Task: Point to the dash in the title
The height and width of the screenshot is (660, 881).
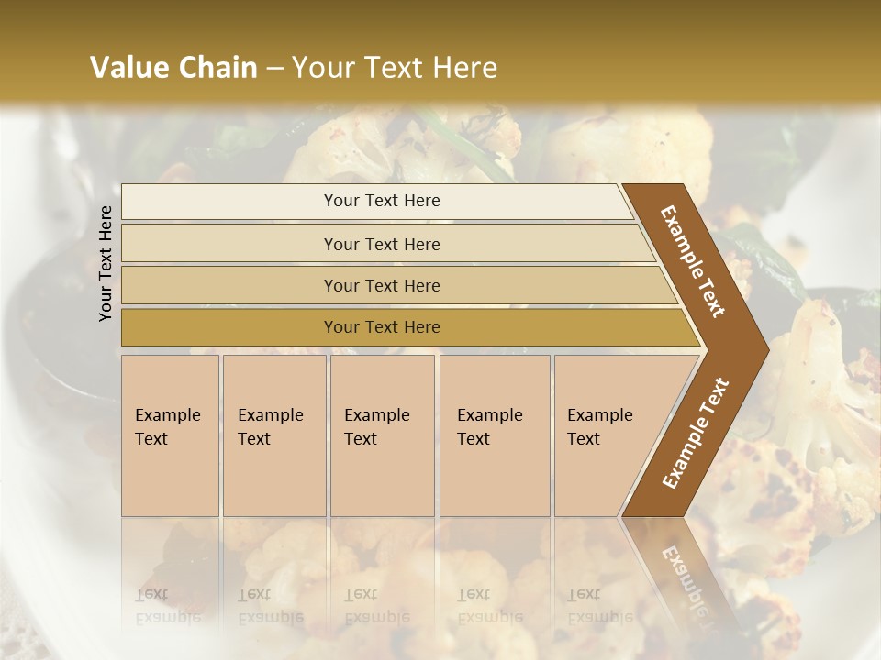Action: [274, 68]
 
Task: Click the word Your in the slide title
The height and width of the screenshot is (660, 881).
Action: [319, 68]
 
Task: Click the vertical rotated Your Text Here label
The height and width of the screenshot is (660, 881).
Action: [106, 263]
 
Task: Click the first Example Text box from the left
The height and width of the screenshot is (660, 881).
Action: [170, 435]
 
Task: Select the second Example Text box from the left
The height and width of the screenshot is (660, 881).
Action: [274, 435]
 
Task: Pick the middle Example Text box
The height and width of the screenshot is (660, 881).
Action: [382, 435]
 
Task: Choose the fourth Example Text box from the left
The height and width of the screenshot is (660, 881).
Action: [495, 435]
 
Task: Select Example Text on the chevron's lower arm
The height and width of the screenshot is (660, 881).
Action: [696, 433]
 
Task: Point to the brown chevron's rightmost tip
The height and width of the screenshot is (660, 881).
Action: [767, 350]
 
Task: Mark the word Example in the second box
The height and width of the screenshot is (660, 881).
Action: [270, 415]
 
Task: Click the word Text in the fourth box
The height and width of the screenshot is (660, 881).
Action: [474, 439]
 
